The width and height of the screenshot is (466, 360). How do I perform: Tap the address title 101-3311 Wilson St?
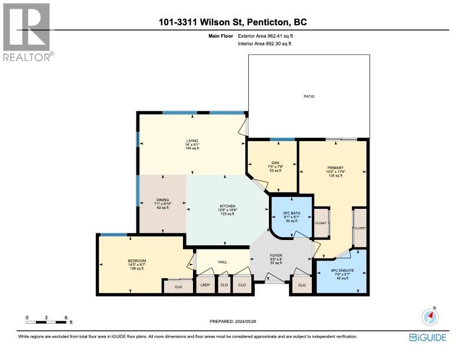232,23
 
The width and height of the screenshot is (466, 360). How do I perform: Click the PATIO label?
309,95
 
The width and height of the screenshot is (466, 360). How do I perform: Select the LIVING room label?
192,141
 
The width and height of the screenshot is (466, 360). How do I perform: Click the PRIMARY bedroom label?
335,168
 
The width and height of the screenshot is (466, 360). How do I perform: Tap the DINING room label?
162,200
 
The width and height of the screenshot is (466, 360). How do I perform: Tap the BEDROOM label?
137,261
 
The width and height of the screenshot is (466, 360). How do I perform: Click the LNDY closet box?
205,285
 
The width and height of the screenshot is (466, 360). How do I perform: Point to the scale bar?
48,321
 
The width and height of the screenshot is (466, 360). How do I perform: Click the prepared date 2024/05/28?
233,321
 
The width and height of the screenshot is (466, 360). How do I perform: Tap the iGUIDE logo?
427,337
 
